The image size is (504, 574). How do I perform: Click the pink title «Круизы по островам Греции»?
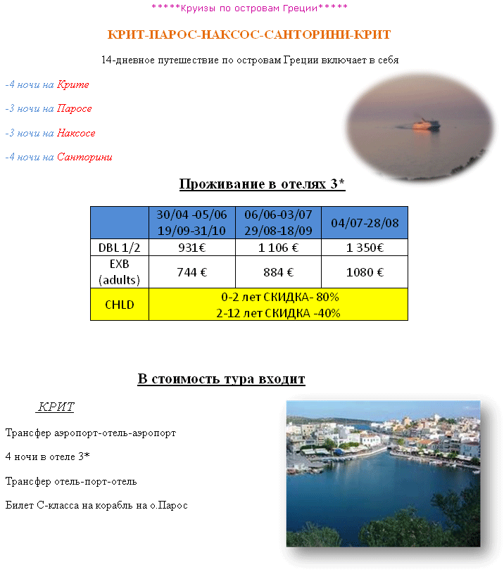249,8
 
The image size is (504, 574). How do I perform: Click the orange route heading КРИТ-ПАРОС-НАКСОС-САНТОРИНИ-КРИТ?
249,34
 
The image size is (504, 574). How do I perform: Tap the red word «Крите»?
73,84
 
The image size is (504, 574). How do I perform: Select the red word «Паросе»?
75,108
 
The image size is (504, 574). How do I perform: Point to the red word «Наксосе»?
76,133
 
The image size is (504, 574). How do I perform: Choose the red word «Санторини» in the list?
84,157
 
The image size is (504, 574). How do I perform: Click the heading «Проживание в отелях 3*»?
262,184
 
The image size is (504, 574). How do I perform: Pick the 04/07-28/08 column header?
364,223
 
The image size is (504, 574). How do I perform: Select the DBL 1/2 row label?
120,247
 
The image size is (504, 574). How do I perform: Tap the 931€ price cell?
191,247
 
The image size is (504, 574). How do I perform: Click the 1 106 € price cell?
278,247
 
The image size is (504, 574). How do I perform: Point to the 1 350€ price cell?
364,247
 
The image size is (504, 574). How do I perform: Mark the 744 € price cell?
191,272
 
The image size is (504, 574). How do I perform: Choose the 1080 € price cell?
364,272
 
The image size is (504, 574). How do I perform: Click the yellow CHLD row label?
120,305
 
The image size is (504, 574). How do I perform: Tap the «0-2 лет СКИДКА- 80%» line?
278,298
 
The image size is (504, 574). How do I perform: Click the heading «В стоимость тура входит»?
221,379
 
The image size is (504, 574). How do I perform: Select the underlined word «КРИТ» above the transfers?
56,407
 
